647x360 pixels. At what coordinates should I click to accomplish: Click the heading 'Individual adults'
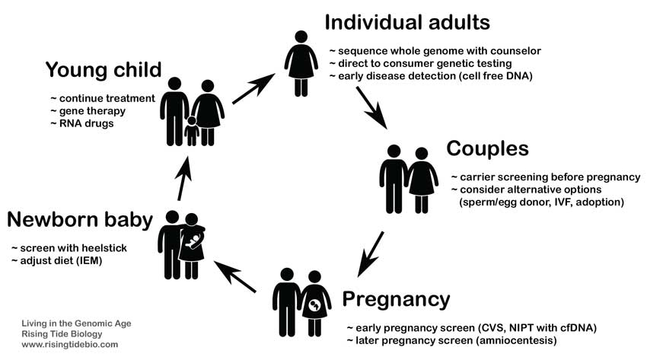point(407,22)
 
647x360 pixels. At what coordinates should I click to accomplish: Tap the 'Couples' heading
point(487,148)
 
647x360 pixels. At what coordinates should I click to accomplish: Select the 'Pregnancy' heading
point(396,300)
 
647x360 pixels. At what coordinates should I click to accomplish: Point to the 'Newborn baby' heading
point(80,219)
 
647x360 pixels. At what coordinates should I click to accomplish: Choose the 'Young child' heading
point(104,70)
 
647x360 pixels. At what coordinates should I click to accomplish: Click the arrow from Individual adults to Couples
point(371,107)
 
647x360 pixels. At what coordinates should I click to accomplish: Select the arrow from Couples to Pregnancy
point(371,254)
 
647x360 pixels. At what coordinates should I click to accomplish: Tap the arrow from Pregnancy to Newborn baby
point(234,277)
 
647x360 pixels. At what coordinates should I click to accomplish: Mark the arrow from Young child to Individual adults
point(253,88)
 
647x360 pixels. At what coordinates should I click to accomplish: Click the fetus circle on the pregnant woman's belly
point(315,305)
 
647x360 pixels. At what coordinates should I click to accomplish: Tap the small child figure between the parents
point(192,131)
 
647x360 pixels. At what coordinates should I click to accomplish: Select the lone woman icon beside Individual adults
point(301,63)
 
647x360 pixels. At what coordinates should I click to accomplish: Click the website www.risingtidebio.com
point(70,344)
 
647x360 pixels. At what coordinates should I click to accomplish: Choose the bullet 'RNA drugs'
point(82,123)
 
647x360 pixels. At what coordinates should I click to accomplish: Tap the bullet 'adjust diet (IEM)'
point(57,260)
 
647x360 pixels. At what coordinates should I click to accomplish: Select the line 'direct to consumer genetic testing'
point(420,63)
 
